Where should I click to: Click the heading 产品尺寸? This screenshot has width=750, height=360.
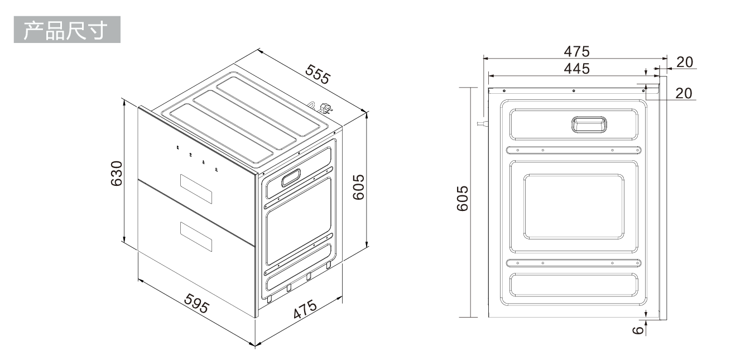(x=66, y=30)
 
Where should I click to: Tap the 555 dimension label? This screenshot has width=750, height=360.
(x=318, y=74)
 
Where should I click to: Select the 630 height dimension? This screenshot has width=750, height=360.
(x=117, y=174)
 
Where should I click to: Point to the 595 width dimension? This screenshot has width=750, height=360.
(x=197, y=304)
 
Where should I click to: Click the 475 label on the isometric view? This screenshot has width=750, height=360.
(x=305, y=309)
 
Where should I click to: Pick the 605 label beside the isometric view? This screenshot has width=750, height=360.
(x=359, y=187)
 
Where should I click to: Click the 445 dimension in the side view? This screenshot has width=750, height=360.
(x=576, y=69)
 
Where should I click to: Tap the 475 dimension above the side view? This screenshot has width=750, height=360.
(x=576, y=51)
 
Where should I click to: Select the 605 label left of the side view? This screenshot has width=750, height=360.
(x=463, y=198)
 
